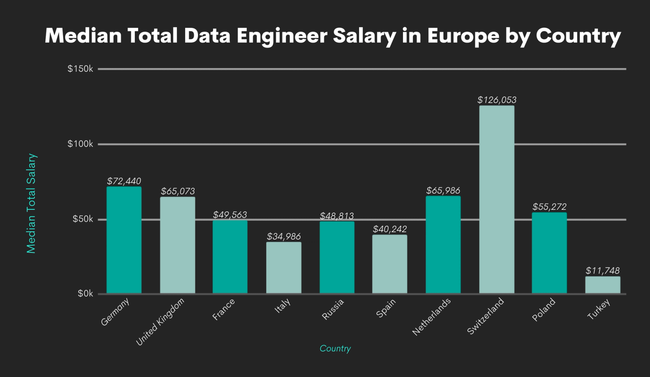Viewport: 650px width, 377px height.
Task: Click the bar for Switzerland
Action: tap(496, 199)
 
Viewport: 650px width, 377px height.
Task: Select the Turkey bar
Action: tap(602, 285)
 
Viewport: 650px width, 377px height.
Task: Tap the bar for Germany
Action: tap(124, 240)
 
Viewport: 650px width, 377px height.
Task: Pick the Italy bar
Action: tap(284, 267)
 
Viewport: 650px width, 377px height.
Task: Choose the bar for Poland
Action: tap(549, 253)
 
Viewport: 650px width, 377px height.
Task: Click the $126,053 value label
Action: tap(497, 100)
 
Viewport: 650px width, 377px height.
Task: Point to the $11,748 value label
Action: tap(602, 271)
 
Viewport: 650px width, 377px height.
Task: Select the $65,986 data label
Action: tap(443, 190)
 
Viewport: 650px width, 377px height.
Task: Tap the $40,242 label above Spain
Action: tap(390, 229)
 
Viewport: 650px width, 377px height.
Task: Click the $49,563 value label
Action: tap(230, 214)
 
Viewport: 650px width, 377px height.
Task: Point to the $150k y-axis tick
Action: tap(80, 69)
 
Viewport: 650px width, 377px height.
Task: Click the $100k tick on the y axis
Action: tap(80, 144)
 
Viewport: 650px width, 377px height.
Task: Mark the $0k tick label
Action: tap(85, 293)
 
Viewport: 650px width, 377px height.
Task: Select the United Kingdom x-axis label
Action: tap(160, 322)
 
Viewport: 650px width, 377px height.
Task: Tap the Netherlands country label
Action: tap(431, 317)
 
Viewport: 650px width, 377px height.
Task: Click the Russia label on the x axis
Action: tap(333, 309)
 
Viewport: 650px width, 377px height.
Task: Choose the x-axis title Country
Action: tap(335, 348)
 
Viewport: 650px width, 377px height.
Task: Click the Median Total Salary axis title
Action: tap(31, 203)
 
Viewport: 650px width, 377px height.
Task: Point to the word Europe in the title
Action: tap(463, 36)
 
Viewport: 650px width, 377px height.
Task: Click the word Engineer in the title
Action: tap(282, 36)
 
